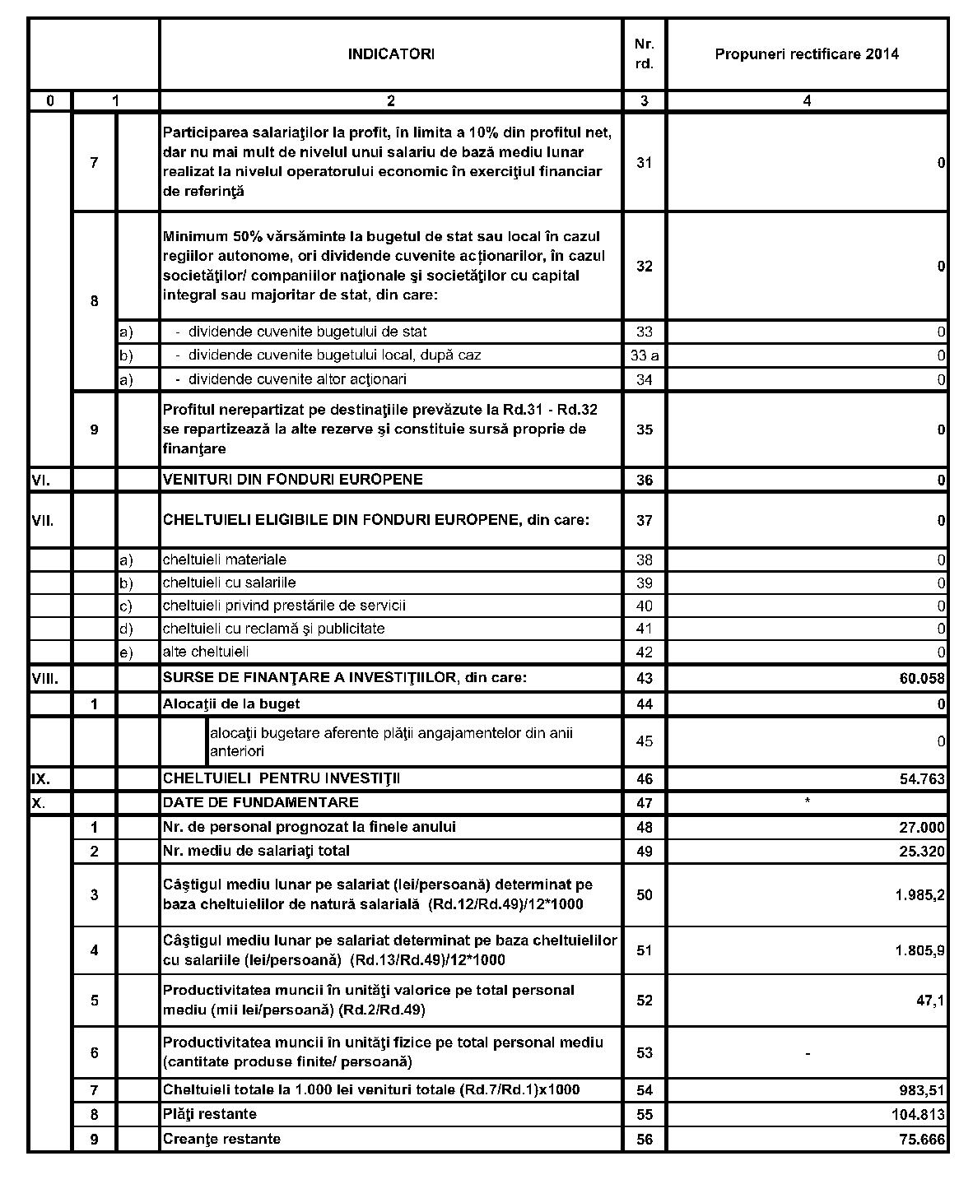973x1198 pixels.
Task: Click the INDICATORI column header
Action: [x=390, y=54]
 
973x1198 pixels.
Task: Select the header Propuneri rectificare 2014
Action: [x=807, y=54]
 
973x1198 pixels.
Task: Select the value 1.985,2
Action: [x=919, y=895]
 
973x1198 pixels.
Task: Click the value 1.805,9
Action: [x=919, y=951]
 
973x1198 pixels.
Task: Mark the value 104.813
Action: [x=918, y=1115]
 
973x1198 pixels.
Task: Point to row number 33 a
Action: [x=644, y=356]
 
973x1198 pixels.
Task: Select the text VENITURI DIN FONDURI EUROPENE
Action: [x=293, y=480]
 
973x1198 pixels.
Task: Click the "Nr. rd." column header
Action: [x=644, y=54]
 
